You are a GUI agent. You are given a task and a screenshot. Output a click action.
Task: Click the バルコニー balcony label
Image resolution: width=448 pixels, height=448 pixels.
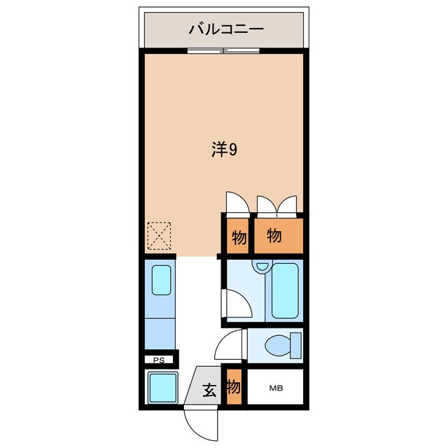(x=225, y=30)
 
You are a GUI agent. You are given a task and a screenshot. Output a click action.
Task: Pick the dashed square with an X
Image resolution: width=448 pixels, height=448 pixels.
(x=159, y=236)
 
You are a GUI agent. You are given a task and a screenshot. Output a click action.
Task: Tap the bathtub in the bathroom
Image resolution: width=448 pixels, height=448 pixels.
(x=284, y=290)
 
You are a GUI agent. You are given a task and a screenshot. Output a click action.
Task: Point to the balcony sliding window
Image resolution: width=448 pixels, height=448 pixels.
(x=223, y=50)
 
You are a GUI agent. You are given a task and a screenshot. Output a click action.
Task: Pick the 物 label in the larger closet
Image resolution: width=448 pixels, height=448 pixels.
(x=274, y=236)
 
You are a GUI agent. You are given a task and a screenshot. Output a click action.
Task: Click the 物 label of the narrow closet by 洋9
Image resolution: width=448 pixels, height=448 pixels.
(x=238, y=238)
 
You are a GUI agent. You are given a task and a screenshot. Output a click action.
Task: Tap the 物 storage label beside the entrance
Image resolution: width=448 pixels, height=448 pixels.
(x=234, y=386)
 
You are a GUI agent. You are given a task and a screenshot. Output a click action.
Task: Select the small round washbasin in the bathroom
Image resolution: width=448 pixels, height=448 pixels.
(x=261, y=266)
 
